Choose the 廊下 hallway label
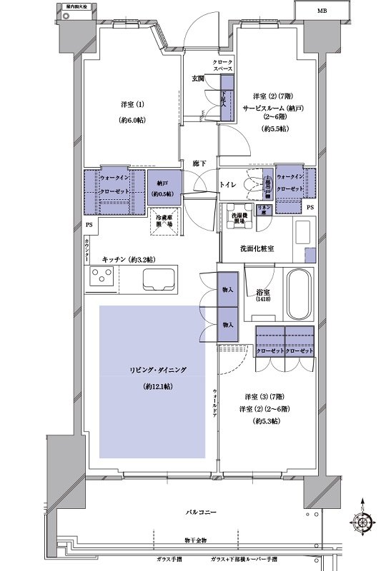click(199, 165)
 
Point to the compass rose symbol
click(365, 522)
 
